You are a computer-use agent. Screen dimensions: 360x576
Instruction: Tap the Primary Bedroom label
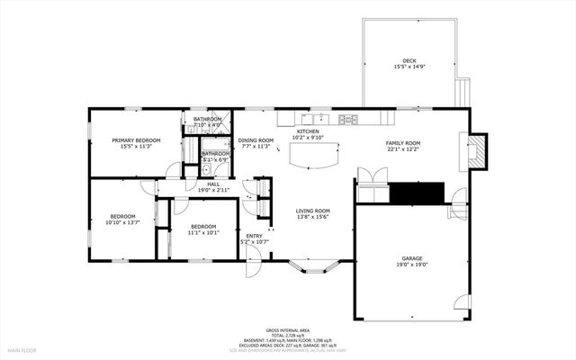136,140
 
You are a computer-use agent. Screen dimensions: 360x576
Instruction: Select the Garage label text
412,258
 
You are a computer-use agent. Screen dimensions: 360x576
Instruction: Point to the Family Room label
403,143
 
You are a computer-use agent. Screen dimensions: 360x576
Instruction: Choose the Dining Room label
256,140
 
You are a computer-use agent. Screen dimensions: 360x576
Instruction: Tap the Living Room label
313,211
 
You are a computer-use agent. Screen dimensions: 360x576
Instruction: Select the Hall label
213,184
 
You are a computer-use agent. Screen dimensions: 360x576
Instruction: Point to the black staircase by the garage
417,193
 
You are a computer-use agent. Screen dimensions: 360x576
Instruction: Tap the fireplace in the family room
480,150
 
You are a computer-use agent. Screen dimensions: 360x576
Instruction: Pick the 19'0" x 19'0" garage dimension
412,265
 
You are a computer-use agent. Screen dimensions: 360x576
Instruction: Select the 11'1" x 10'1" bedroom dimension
203,232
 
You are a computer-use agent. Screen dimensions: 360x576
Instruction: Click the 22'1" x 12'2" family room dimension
403,149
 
